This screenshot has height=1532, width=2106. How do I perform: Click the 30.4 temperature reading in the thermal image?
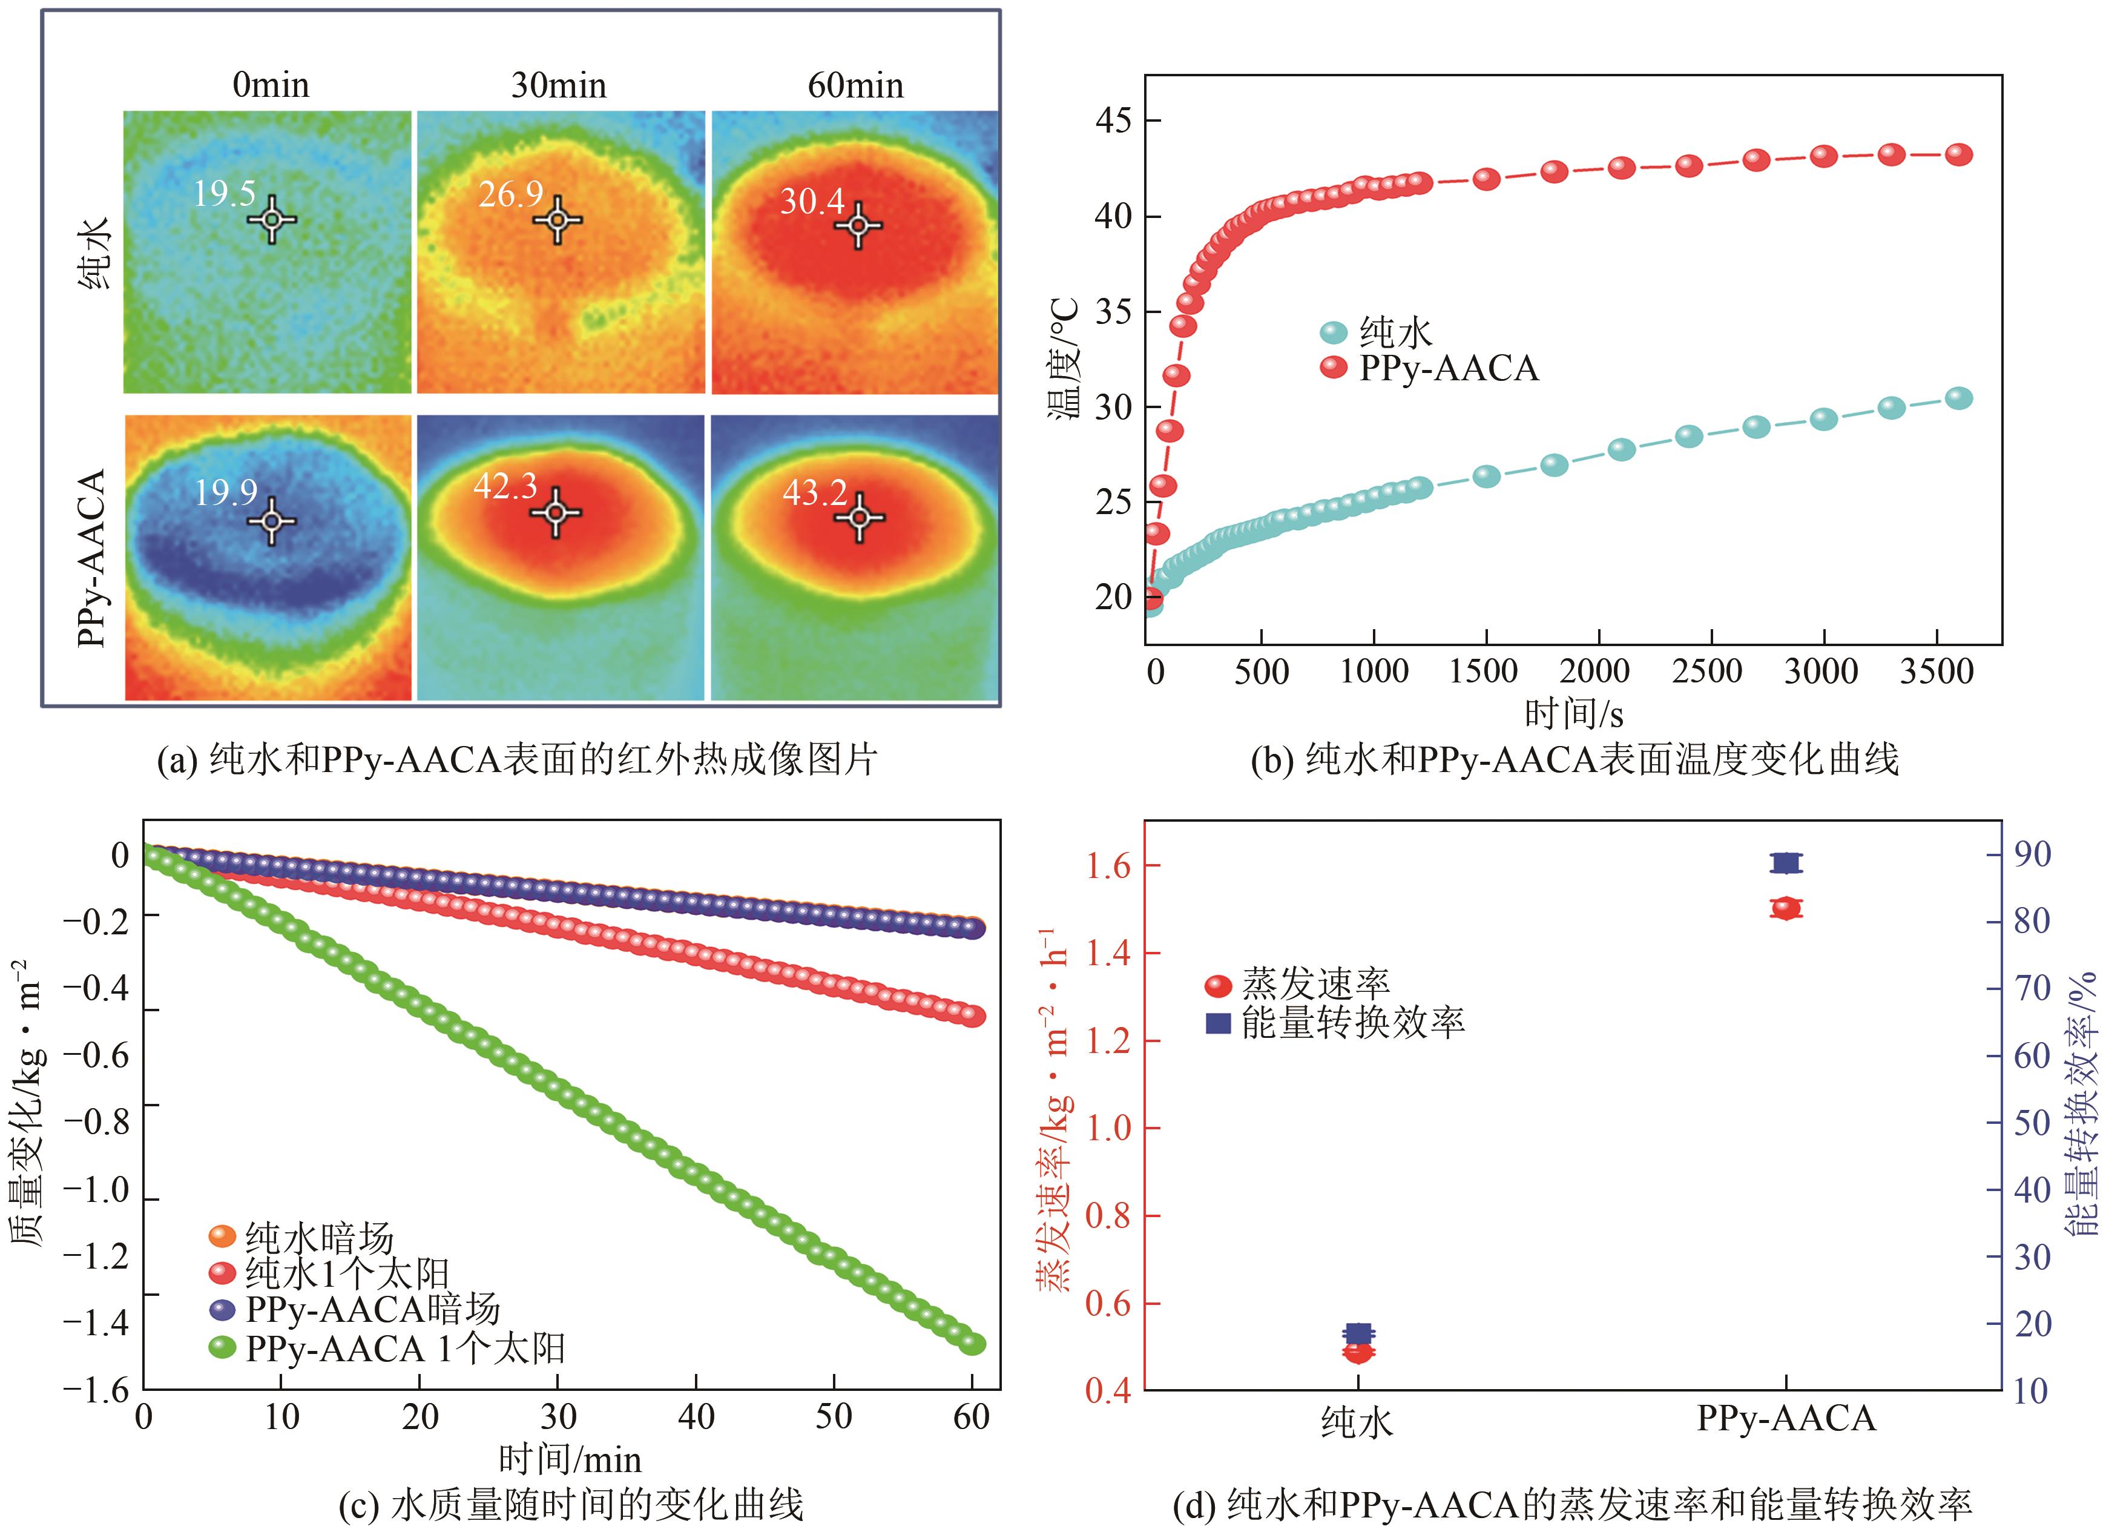(x=812, y=200)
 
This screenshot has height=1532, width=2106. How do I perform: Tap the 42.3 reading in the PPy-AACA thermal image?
(x=505, y=486)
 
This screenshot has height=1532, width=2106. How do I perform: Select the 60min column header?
(x=855, y=85)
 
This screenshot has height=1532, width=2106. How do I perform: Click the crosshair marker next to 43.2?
(x=859, y=517)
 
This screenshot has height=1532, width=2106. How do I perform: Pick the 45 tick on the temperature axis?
(x=1113, y=121)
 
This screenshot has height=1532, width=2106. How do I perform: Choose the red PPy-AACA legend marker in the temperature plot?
(x=1334, y=368)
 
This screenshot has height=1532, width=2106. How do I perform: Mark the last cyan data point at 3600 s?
(x=1958, y=398)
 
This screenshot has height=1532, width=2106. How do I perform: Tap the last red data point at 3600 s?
(x=1958, y=155)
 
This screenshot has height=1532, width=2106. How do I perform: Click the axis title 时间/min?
(x=569, y=1459)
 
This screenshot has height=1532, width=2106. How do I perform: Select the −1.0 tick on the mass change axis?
(x=97, y=1190)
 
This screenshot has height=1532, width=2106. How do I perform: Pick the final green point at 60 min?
(x=972, y=1344)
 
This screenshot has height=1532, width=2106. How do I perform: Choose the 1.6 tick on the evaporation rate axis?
(x=1108, y=866)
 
